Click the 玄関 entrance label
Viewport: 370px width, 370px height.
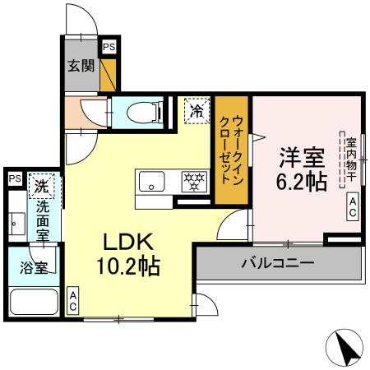[x=81, y=67]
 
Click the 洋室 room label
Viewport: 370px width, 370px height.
[x=303, y=156]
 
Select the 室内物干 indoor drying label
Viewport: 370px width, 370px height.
[x=349, y=160]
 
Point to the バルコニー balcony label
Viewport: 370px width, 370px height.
[x=277, y=265]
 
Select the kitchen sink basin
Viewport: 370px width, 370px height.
[x=153, y=180]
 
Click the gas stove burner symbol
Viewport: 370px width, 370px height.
[x=194, y=180]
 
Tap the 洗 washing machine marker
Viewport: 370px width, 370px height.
[x=41, y=185]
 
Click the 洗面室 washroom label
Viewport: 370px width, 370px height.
[x=41, y=221]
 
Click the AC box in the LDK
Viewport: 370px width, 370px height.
[x=73, y=300]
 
